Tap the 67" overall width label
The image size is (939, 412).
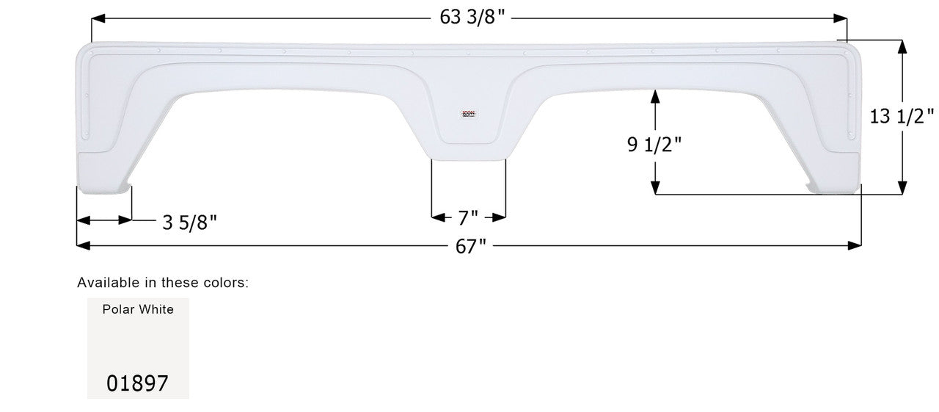(471, 247)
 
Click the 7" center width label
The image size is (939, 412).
(468, 218)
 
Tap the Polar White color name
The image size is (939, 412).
(138, 309)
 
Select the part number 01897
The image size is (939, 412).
(138, 383)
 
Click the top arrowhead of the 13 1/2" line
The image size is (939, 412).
(902, 46)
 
